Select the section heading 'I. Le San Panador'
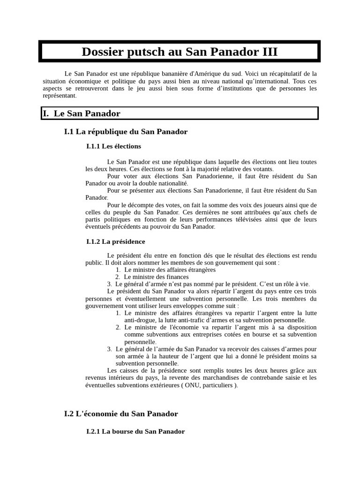point(82,113)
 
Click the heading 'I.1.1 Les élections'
point(113,146)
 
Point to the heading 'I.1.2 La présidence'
point(116,241)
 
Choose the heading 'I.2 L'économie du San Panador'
point(121,413)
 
